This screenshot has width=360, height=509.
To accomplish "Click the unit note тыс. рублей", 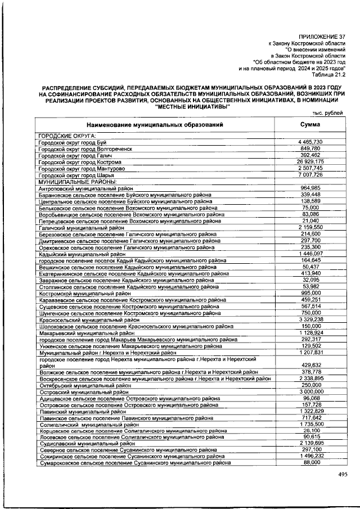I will (328, 113).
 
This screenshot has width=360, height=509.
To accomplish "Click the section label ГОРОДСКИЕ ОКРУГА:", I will (66, 136).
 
